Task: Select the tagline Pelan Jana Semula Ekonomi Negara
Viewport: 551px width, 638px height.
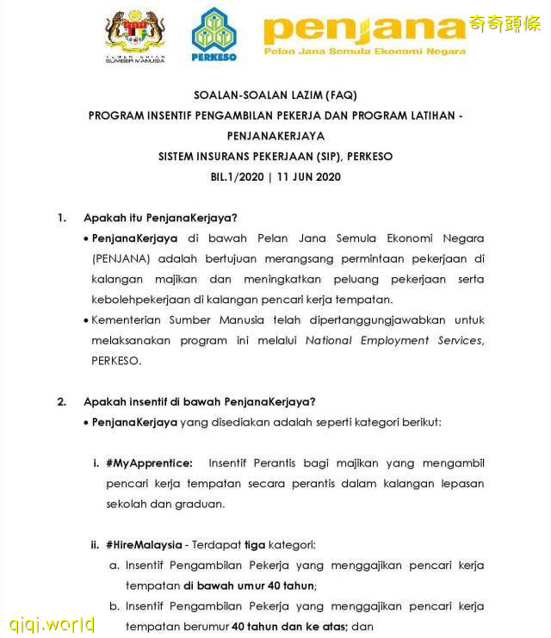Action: (x=364, y=52)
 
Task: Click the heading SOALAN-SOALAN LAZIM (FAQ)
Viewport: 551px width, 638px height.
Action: (x=275, y=95)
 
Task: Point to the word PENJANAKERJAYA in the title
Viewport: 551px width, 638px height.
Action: (x=275, y=136)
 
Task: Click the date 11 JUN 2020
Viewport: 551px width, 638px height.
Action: (x=308, y=177)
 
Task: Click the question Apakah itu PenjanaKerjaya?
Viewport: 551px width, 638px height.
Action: (x=160, y=218)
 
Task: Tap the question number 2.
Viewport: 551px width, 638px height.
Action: (x=62, y=401)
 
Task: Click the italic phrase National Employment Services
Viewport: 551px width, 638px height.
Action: (x=394, y=340)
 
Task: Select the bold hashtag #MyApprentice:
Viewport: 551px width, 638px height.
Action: (x=149, y=463)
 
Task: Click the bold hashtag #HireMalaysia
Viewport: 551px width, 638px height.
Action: (x=144, y=545)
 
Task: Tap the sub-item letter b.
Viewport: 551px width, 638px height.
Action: (x=113, y=606)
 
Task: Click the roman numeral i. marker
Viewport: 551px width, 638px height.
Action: (x=96, y=463)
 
